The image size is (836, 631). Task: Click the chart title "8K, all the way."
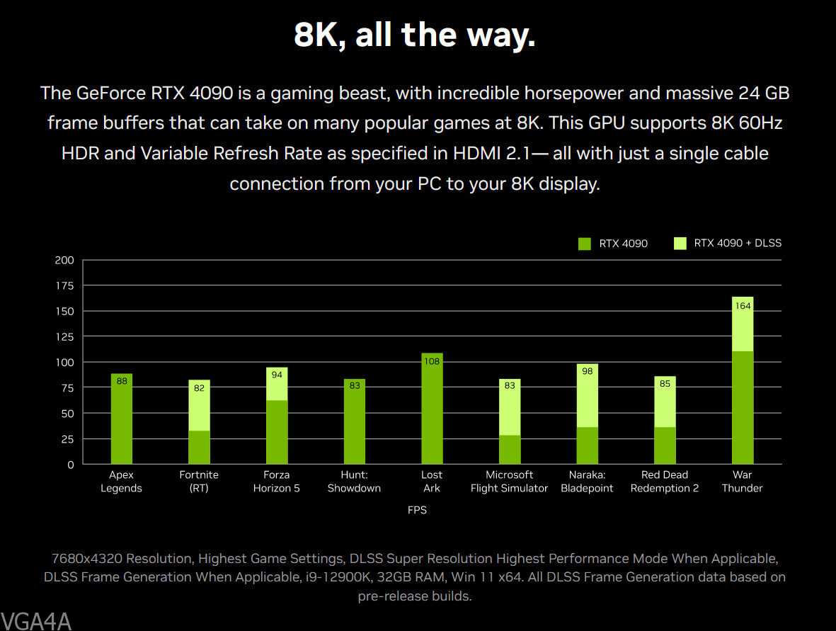tap(414, 35)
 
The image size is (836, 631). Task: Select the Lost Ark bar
tap(432, 411)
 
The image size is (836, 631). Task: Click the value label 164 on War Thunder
tap(743, 306)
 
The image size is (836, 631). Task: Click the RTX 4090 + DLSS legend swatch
tap(680, 244)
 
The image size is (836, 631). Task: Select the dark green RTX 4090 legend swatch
tap(585, 244)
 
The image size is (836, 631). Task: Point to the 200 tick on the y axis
tap(64, 260)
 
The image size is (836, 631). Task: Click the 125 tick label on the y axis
tap(64, 336)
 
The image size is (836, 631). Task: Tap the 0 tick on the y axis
tap(69, 465)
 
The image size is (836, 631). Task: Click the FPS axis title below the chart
tap(417, 509)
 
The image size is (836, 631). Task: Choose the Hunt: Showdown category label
tap(354, 482)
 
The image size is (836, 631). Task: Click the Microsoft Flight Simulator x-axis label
tap(509, 482)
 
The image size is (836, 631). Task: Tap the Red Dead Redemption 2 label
tap(665, 482)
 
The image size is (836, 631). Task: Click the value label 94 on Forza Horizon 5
tap(277, 375)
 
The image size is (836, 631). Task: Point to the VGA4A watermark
tap(36, 621)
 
